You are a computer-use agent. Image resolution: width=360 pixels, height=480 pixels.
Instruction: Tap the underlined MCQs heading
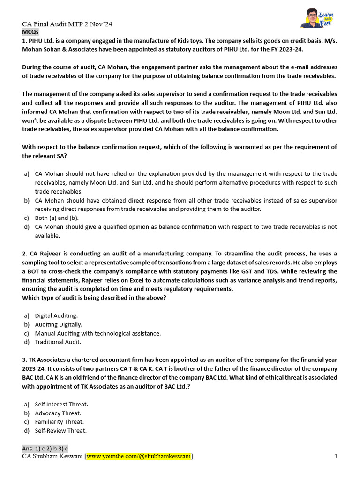[30, 32]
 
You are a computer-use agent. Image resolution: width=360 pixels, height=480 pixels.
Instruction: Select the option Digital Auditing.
[56, 316]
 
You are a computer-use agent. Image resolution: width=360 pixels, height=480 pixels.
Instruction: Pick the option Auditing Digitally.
[58, 324]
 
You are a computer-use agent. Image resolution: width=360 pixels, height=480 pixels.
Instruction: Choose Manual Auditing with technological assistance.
[97, 333]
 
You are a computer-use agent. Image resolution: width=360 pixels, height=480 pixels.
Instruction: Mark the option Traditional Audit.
[58, 342]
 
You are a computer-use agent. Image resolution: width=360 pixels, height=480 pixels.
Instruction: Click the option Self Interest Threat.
[61, 405]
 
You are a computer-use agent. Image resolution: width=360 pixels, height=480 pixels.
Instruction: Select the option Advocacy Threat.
[58, 413]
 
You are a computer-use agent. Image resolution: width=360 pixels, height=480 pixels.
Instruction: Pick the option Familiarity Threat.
[59, 422]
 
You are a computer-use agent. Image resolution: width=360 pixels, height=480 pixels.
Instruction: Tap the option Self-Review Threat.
[60, 431]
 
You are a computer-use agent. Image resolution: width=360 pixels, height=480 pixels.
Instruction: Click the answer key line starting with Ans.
[45, 449]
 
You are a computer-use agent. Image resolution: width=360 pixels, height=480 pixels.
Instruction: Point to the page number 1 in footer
[336, 457]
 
